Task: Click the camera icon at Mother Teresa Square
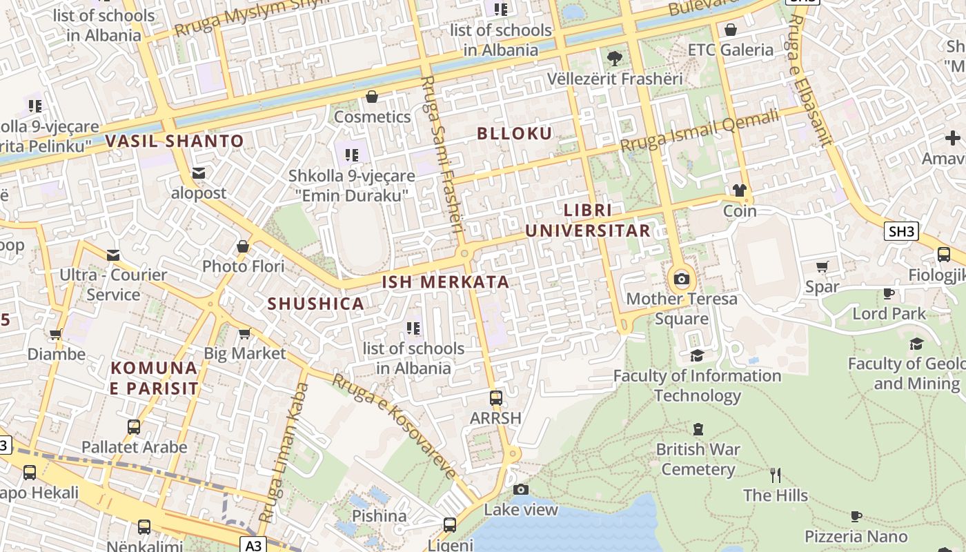point(682,279)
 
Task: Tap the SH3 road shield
point(901,231)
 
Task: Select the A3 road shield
point(254,546)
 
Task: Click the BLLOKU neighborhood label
point(515,134)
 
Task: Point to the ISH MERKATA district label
point(446,282)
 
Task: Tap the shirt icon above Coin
point(740,190)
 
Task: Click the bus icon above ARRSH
point(495,397)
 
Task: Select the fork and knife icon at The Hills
point(776,475)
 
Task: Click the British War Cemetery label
point(698,460)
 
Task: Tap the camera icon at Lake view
point(521,490)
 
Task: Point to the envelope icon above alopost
point(199,172)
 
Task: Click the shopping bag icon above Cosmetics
point(372,97)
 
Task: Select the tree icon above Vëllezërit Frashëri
point(614,58)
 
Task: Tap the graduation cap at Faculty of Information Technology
point(698,355)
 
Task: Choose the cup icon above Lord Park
point(889,294)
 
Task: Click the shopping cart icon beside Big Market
point(244,334)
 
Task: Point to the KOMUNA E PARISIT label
point(155,378)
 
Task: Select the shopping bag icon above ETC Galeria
point(731,30)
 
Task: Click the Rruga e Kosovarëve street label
point(395,426)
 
